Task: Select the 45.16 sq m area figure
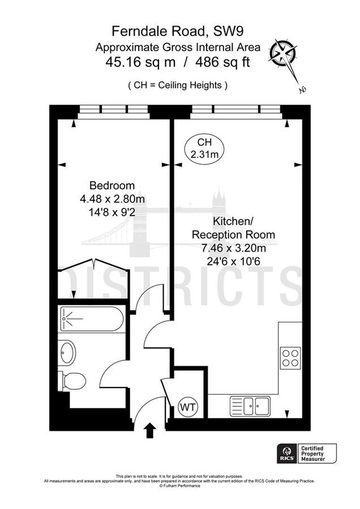click(x=138, y=62)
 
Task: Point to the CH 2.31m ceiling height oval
click(x=203, y=149)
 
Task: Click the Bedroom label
click(x=112, y=186)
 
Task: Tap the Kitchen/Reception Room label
click(x=233, y=228)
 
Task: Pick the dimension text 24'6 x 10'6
click(x=233, y=261)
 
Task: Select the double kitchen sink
click(x=250, y=405)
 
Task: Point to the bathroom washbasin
click(x=67, y=353)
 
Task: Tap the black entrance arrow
click(x=151, y=430)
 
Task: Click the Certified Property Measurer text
click(x=320, y=453)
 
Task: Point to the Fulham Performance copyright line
click(x=179, y=485)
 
